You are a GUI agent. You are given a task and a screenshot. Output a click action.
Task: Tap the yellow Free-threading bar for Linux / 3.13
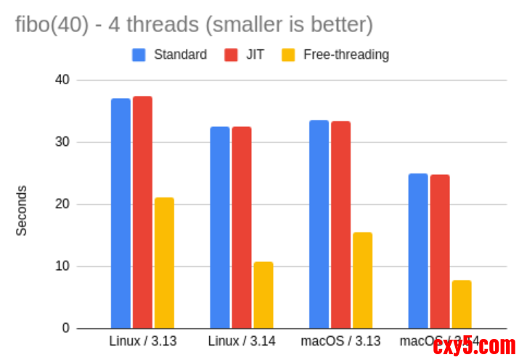click(164, 263)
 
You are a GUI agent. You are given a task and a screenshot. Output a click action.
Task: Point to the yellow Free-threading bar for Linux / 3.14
click(263, 295)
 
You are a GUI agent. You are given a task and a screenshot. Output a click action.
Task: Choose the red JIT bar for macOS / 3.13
click(340, 224)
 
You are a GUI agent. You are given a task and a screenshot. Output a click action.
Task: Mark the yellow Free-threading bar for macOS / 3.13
click(362, 280)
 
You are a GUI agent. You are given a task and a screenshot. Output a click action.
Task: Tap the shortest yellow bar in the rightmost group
click(462, 304)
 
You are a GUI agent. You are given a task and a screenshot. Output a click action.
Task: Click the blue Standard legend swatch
click(139, 54)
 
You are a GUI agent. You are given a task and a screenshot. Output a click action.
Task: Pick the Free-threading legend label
click(346, 54)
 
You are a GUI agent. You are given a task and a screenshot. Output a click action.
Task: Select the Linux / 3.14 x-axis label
click(242, 340)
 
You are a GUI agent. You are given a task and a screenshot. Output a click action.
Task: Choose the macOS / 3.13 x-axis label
click(341, 340)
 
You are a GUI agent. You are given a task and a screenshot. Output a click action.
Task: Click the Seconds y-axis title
click(22, 210)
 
